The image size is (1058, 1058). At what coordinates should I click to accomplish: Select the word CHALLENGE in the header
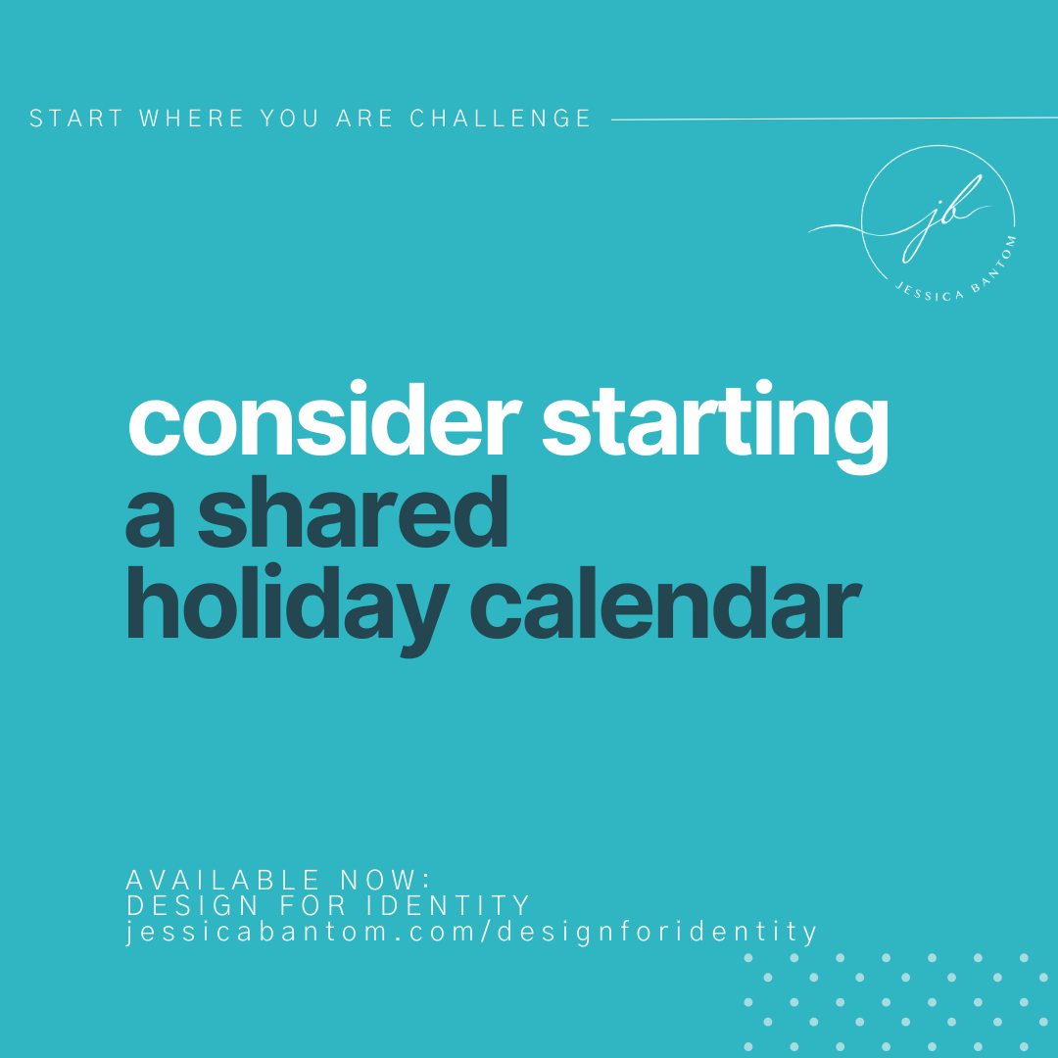(501, 120)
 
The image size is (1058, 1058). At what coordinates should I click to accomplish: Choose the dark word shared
(354, 513)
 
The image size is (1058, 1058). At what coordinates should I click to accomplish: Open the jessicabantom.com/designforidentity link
(472, 932)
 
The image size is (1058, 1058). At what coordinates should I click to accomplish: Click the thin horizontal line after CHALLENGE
(833, 120)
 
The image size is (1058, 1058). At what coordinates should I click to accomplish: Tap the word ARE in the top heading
(364, 120)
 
